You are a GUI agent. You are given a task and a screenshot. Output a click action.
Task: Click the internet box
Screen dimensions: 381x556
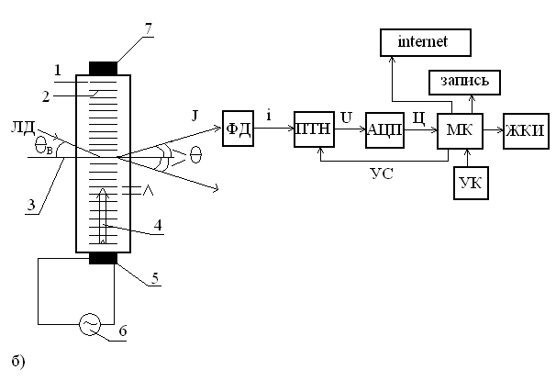425,41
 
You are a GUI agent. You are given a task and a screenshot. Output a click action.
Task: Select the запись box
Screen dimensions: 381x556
465,84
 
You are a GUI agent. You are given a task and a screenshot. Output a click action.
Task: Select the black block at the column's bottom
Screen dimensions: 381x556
95,258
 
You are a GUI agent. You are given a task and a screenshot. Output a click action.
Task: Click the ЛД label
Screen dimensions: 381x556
40,127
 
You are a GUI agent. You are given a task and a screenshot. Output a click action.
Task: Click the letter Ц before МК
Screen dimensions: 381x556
420,118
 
